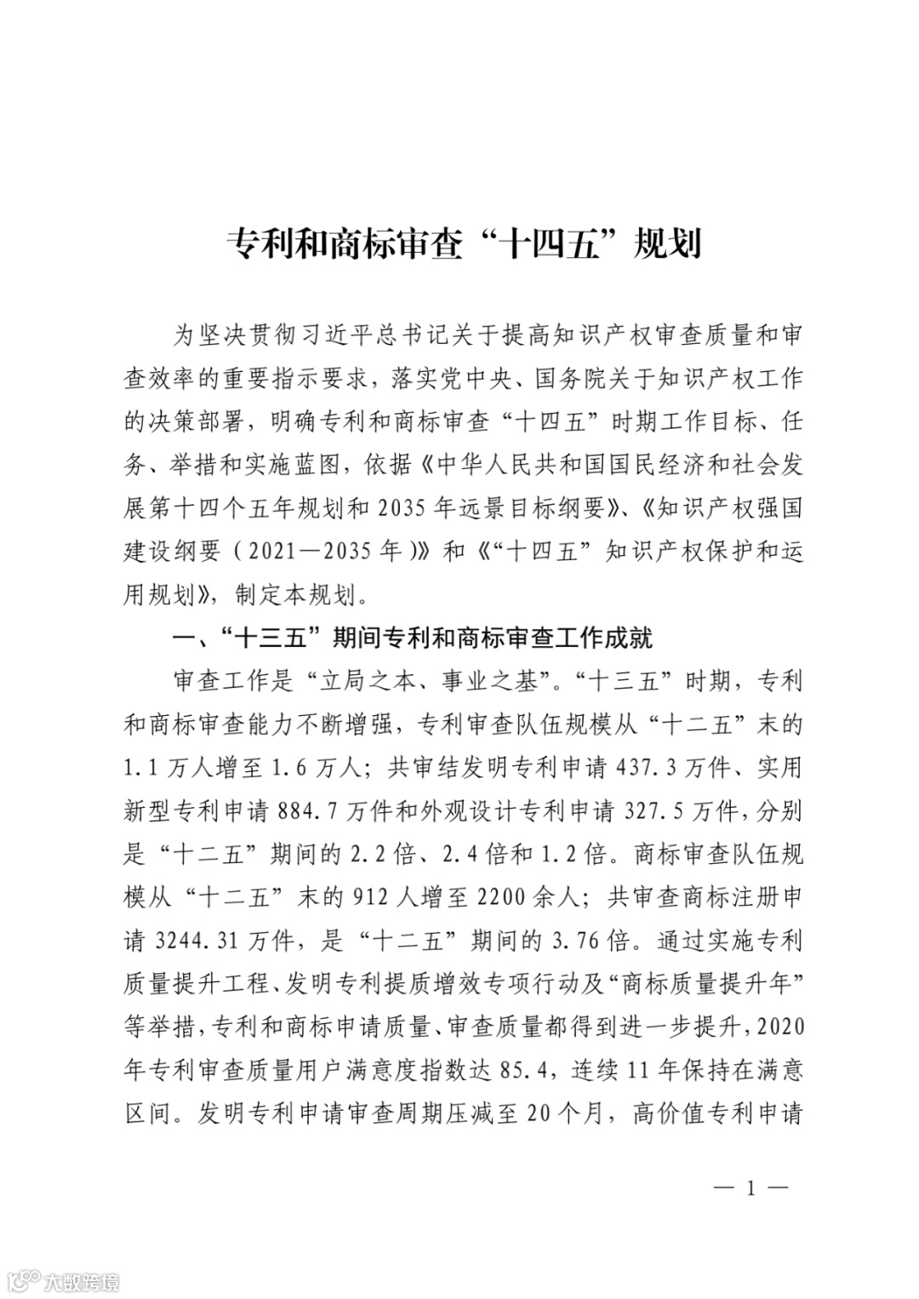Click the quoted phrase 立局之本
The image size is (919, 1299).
(367, 682)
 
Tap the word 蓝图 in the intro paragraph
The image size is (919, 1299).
(317, 465)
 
